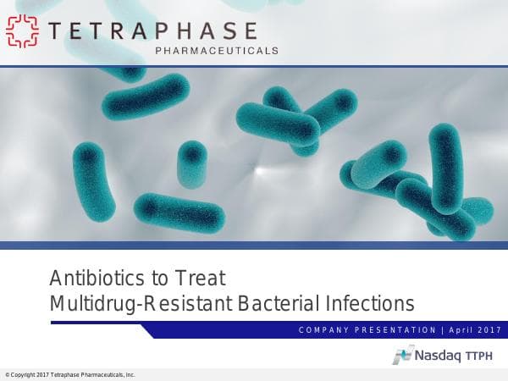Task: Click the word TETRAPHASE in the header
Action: coord(153,30)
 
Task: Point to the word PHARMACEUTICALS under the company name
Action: coord(217,51)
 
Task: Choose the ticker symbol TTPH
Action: coord(483,356)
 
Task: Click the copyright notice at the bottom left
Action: coord(69,374)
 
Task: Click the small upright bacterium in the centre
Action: coord(191,163)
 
